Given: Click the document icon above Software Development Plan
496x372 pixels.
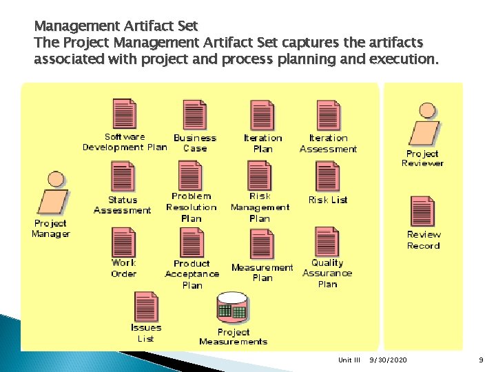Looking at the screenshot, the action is coord(125,114).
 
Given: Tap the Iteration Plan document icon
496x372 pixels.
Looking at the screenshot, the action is coord(262,115).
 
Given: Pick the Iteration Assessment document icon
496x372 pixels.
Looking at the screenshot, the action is coord(329,115).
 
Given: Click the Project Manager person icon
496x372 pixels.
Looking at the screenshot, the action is coord(52,194).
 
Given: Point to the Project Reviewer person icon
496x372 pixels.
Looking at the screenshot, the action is coord(425,125).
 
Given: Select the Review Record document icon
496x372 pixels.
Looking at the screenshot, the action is coord(422,211).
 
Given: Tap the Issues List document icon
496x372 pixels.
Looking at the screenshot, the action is coord(146,306).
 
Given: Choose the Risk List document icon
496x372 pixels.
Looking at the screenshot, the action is coord(328,176).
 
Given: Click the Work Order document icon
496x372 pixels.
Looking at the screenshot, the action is coord(124,242).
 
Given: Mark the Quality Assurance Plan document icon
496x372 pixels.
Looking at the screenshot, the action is coord(327,241).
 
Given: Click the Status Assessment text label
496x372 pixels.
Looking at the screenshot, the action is coord(122,205).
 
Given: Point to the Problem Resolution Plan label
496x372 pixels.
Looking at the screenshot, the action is coord(191,207).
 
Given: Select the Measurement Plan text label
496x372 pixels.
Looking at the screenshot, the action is coord(262,272).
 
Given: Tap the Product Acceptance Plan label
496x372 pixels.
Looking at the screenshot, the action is coord(192,274).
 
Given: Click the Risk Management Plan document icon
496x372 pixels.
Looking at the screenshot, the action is coord(260,176).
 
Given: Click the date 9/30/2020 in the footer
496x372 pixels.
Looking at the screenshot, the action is coord(387,360).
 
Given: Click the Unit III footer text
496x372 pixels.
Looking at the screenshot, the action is coord(349,360).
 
